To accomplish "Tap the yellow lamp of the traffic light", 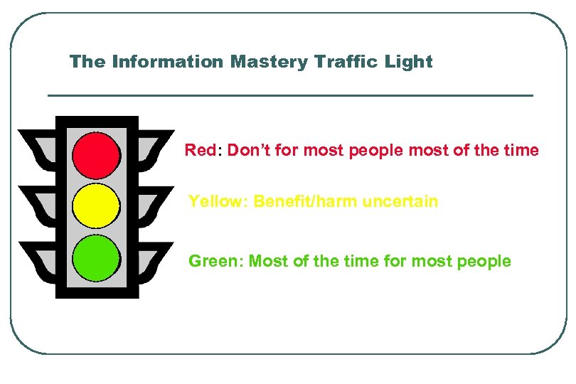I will (x=97, y=206).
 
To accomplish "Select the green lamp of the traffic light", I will (x=97, y=258).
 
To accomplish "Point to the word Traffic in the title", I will (x=338, y=62).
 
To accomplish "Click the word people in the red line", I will (x=378, y=151).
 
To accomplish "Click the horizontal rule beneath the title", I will (x=289, y=95).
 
